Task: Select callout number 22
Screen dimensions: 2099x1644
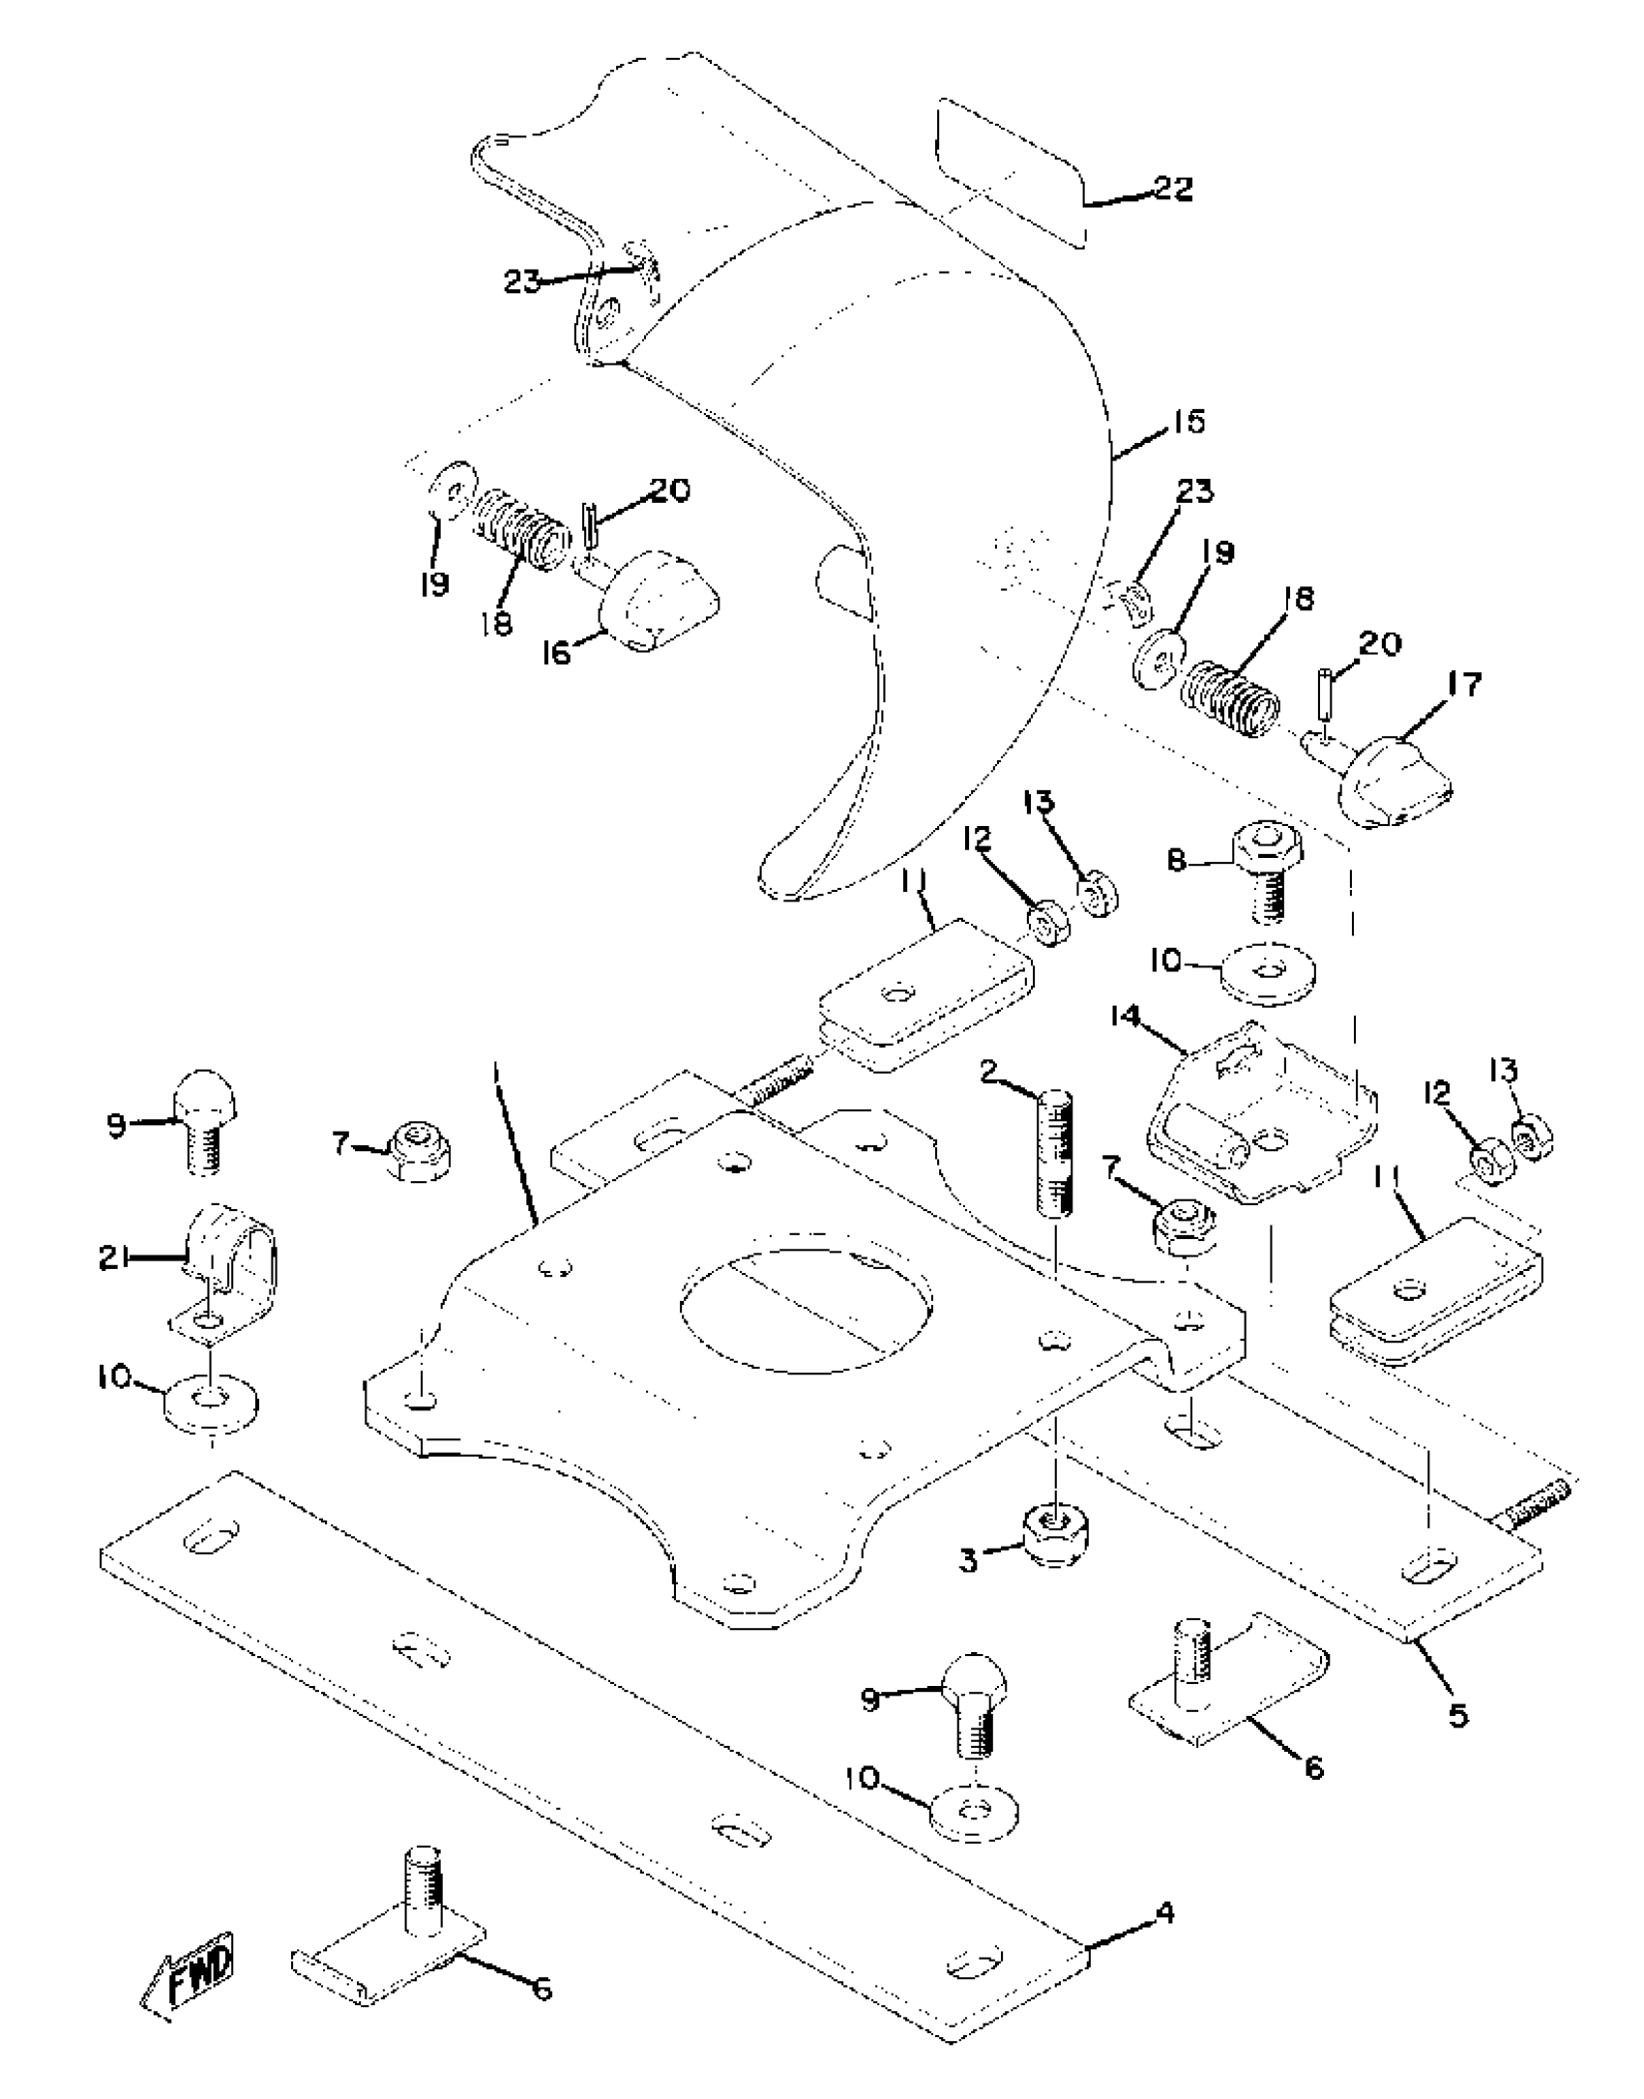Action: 1172,188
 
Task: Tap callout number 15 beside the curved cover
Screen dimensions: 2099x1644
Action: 1189,422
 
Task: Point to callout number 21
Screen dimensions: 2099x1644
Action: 114,1257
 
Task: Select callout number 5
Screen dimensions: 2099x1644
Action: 1456,1715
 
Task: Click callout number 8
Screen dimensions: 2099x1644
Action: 1176,861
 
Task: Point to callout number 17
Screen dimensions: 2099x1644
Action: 1463,685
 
